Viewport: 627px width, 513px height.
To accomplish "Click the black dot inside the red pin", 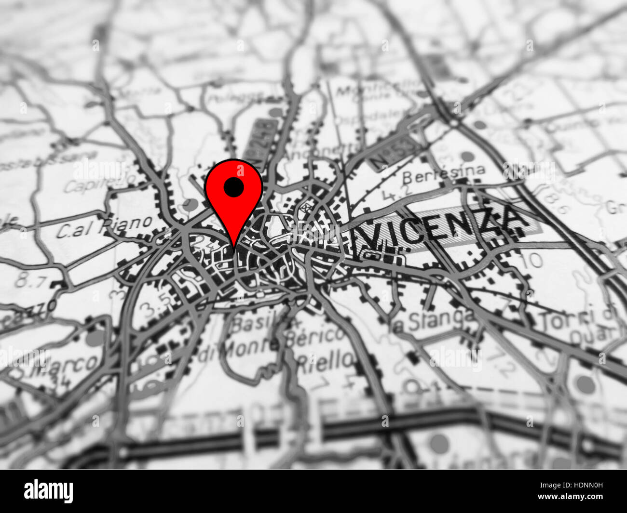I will click(233, 187).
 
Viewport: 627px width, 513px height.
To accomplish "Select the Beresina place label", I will click(443, 174).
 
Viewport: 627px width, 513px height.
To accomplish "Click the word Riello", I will click(325, 359).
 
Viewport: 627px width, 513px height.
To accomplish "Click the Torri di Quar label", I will click(578, 325).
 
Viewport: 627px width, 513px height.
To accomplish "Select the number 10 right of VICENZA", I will click(532, 261).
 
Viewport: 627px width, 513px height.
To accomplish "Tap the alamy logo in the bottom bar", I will click(48, 491).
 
